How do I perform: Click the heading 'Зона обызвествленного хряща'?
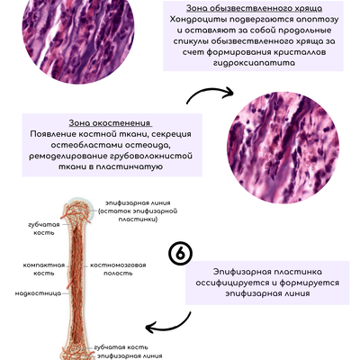click(x=254, y=8)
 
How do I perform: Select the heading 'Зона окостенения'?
click(x=110, y=123)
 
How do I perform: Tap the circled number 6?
click(x=180, y=254)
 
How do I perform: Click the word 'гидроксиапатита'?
click(x=254, y=63)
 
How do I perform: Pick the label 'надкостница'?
click(x=38, y=293)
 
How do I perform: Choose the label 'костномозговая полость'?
click(x=118, y=269)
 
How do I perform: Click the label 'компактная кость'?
click(x=44, y=269)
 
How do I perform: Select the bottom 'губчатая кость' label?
click(x=121, y=347)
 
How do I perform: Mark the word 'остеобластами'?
click(x=85, y=145)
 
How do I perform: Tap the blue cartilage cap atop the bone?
click(x=77, y=201)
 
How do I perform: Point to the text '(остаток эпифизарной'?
click(x=138, y=211)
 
